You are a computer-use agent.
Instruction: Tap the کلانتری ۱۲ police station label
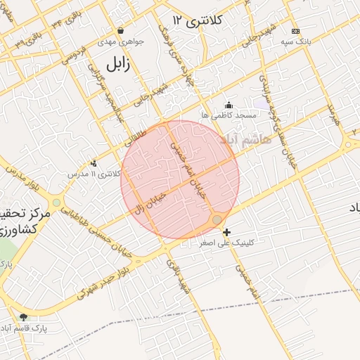click(200, 20)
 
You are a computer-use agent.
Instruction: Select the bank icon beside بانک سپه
click(295, 32)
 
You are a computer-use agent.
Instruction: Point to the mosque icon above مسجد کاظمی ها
click(228, 105)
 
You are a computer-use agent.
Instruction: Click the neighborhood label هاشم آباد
click(245, 141)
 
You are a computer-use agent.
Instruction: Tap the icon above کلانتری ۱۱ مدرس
click(94, 163)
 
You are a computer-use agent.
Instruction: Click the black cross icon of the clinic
click(226, 232)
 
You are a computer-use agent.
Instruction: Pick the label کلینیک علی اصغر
click(254, 242)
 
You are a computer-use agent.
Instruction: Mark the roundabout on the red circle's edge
click(217, 220)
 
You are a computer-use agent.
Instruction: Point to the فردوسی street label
click(73, 57)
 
